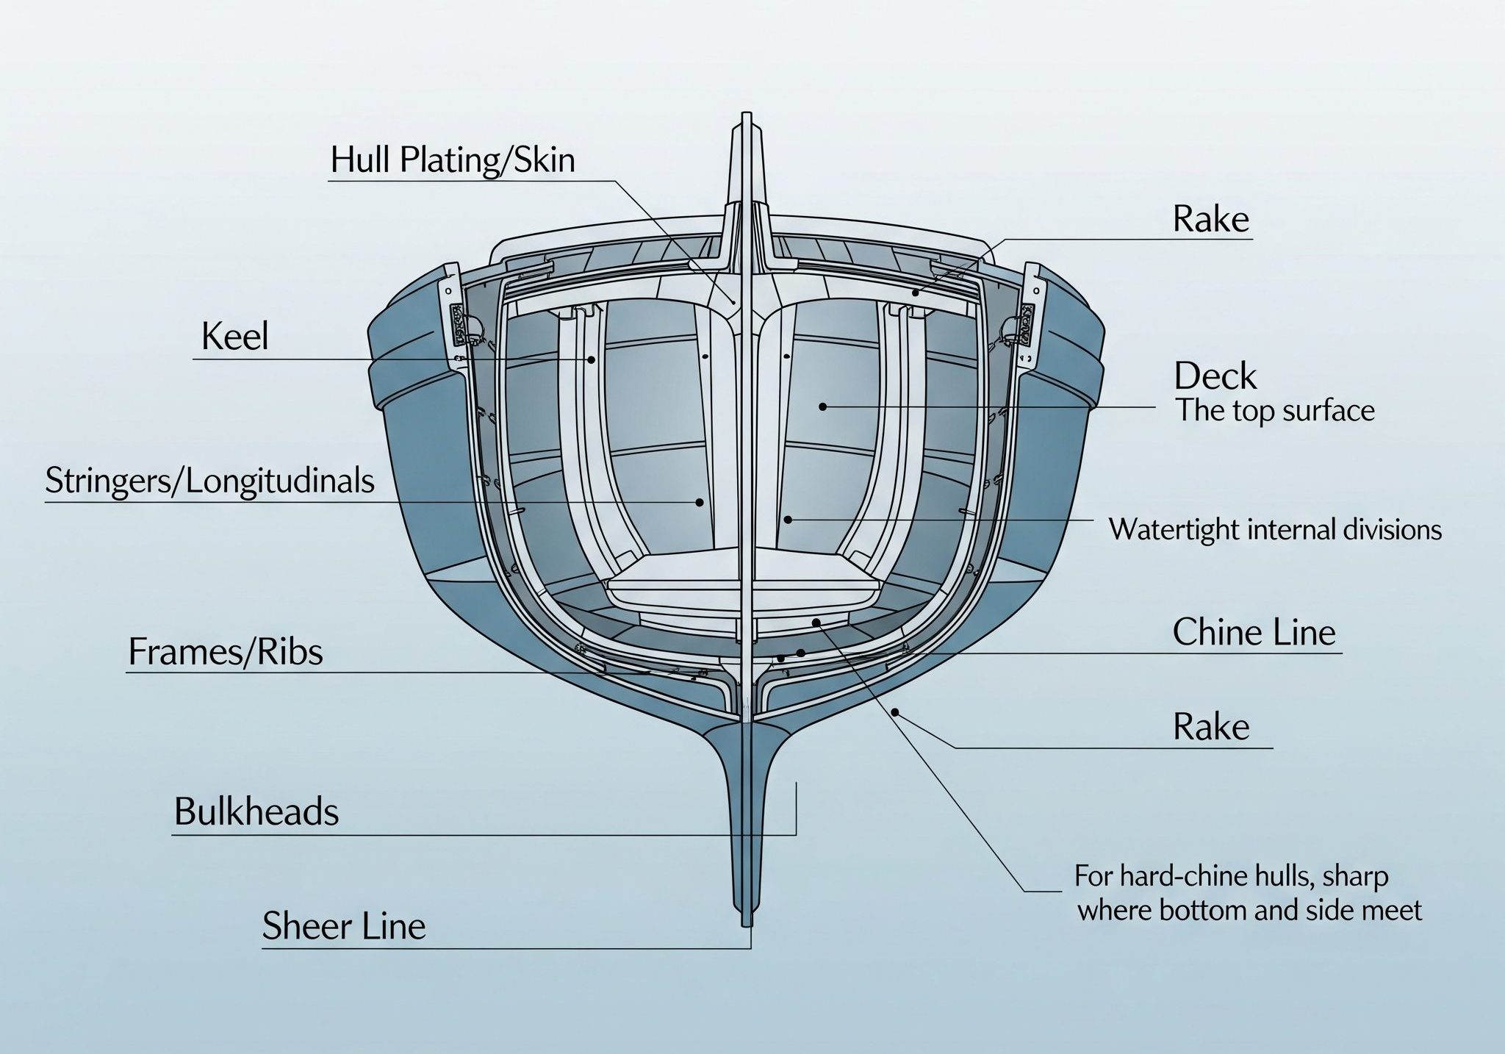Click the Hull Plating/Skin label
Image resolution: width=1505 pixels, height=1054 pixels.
tap(452, 160)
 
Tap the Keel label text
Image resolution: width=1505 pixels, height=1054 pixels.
tap(234, 337)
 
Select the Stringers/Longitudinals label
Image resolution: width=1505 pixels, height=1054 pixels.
tap(209, 481)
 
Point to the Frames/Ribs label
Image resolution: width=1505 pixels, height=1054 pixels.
tap(225, 652)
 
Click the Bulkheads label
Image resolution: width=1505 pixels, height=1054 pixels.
tap(256, 812)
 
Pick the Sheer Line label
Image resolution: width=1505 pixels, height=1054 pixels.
tap(344, 925)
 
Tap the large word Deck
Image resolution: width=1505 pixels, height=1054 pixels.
tap(1215, 376)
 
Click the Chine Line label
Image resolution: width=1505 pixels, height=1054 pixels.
tap(1254, 632)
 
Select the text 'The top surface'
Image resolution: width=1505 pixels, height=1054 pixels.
tap(1275, 411)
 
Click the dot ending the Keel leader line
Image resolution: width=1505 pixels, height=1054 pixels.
tap(590, 359)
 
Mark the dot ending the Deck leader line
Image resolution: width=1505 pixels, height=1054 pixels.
tap(823, 406)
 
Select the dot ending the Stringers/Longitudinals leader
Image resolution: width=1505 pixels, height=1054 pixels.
tap(700, 503)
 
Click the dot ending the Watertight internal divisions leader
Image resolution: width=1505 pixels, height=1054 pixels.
tap(788, 520)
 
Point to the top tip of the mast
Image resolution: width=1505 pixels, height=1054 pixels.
tap(747, 115)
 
